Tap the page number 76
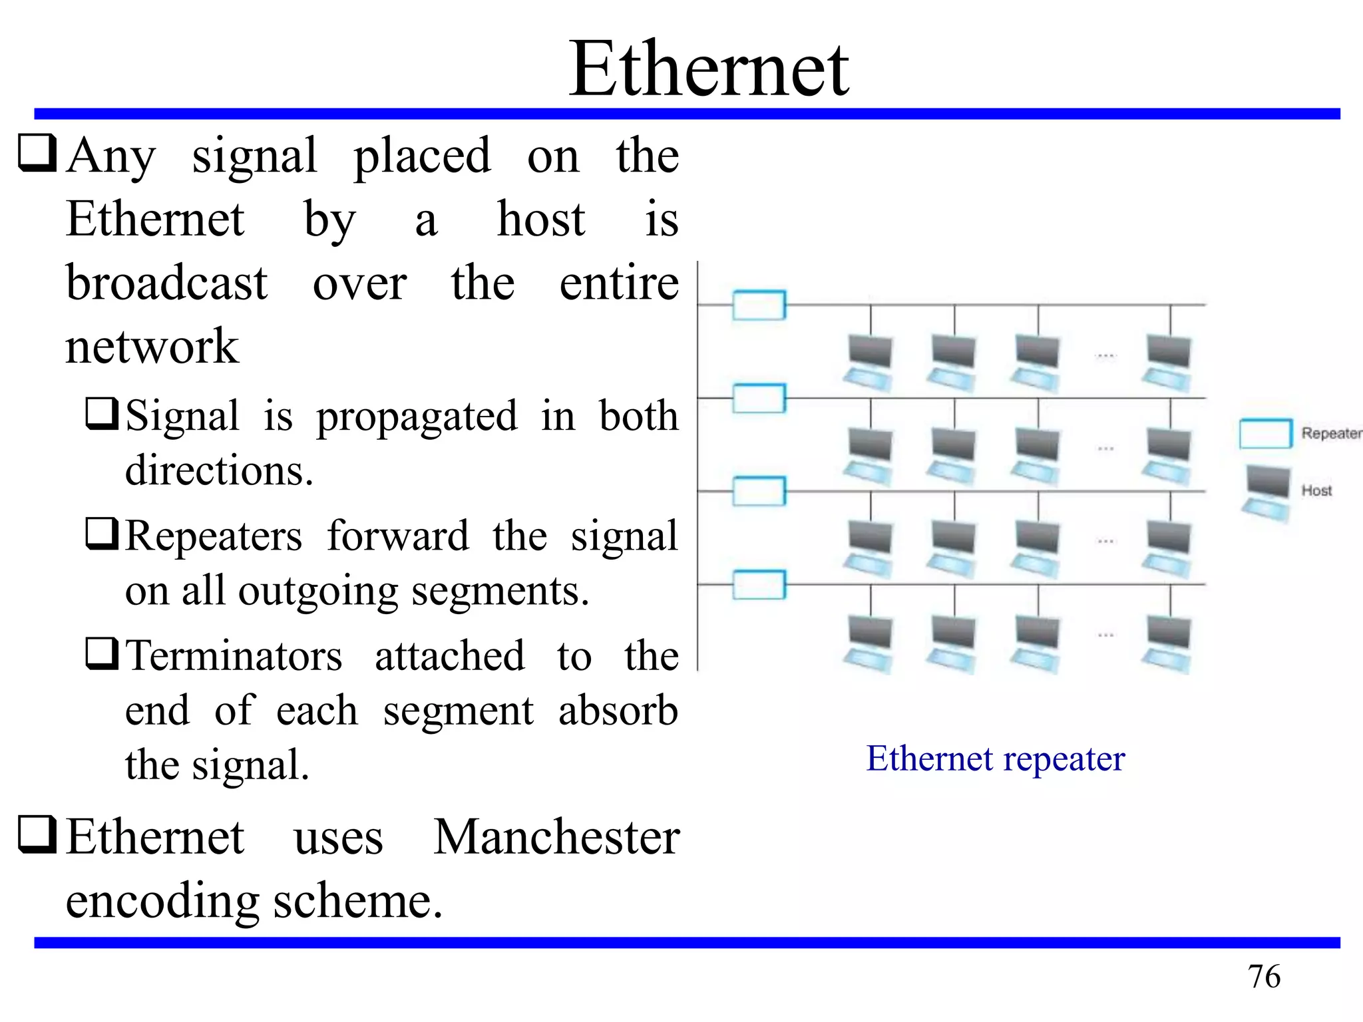pos(1264,977)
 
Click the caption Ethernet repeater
pos(995,759)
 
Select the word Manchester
pos(556,837)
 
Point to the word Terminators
pos(234,656)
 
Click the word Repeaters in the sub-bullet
pos(214,536)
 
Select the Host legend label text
pos(1316,491)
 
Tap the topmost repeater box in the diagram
pos(759,305)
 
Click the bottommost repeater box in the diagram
pos(759,585)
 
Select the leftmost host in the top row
pos(869,363)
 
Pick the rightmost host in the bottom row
pos(1168,643)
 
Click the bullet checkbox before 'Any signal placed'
pos(37,153)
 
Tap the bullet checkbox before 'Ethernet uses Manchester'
pos(37,834)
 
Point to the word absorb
pos(618,711)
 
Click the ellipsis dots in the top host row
pos(1105,356)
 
